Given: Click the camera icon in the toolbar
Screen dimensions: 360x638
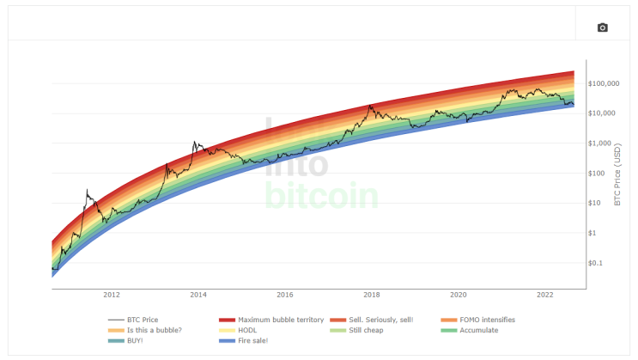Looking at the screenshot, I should coord(602,27).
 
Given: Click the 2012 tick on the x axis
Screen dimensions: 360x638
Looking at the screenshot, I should coord(112,295).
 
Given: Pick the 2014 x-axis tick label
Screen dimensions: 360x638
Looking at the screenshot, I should coord(198,295).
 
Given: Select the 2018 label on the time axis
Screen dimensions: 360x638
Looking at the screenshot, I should coord(372,295).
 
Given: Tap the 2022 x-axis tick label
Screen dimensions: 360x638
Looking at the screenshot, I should coord(544,295).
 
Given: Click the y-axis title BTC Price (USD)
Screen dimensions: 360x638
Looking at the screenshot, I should coord(618,174).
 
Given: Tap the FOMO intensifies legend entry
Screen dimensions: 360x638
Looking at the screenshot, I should coord(479,320).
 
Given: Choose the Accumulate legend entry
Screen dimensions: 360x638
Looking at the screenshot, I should coord(477,330).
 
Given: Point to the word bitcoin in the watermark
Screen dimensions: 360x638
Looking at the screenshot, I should coord(322,194).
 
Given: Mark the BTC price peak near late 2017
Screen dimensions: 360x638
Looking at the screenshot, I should coord(370,106).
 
